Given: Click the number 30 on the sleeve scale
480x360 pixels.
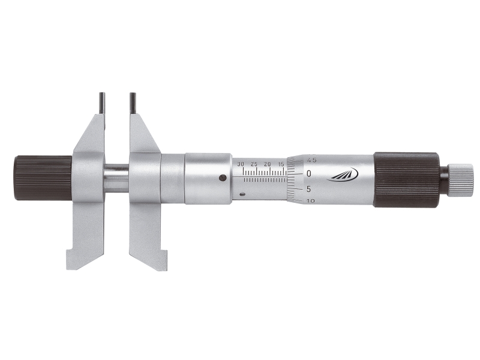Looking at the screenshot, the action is click(x=241, y=164).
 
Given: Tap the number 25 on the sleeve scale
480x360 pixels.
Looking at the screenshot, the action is click(x=254, y=164).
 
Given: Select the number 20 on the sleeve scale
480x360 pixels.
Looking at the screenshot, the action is click(x=267, y=164).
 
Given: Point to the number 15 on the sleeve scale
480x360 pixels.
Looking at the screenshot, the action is click(x=281, y=164).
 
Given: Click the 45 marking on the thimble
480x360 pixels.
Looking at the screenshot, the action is click(x=311, y=160).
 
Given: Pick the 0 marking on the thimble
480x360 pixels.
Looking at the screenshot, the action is click(x=308, y=173).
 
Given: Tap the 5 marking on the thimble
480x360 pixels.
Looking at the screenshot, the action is click(x=308, y=189).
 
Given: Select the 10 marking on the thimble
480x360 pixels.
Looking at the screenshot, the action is click(x=310, y=201).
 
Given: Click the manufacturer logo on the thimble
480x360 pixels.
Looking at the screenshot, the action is click(x=343, y=174).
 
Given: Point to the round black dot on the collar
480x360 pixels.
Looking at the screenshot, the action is click(x=223, y=178).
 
